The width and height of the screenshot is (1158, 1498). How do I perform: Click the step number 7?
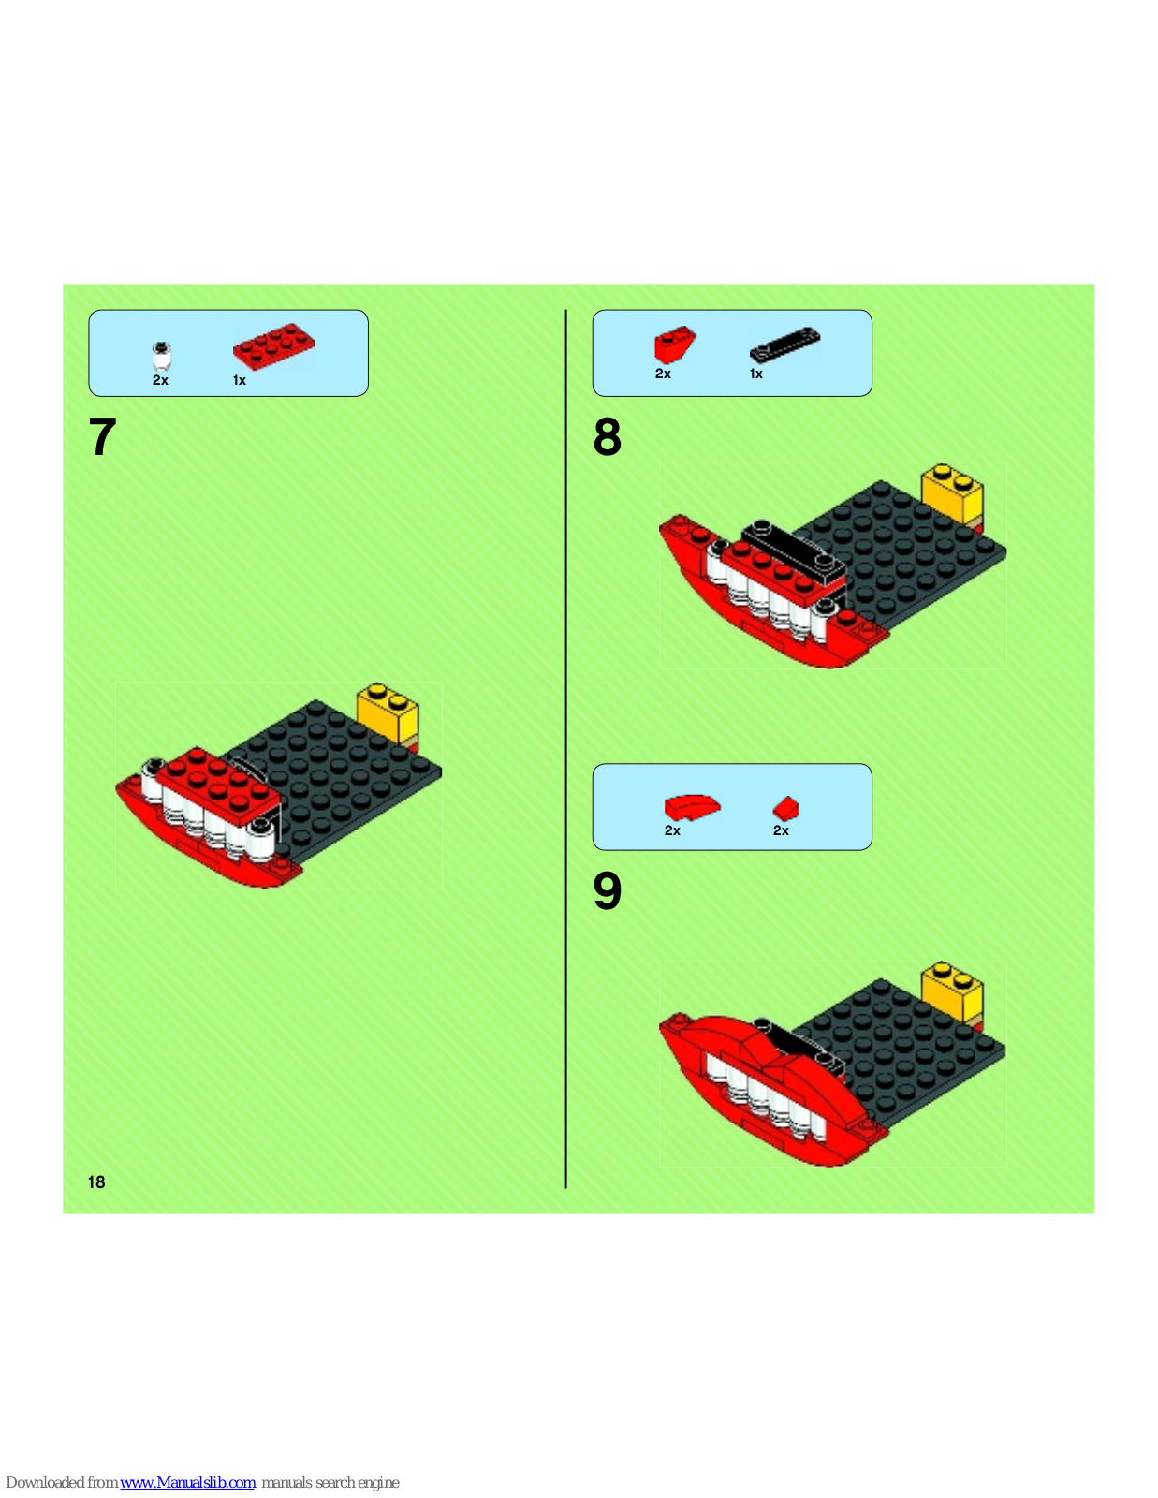[x=103, y=437]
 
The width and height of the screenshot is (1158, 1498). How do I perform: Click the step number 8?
[x=608, y=437]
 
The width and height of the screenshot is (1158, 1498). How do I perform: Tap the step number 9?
[x=608, y=890]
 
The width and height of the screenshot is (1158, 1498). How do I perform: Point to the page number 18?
[x=96, y=1182]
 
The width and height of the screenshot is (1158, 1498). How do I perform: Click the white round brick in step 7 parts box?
[x=161, y=356]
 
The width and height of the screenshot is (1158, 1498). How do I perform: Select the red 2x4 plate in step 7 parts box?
[x=273, y=346]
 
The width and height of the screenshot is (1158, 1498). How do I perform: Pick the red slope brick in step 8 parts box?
[x=675, y=344]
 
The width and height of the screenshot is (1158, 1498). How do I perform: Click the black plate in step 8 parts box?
[x=785, y=344]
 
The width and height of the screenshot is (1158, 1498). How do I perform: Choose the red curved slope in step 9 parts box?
[x=692, y=807]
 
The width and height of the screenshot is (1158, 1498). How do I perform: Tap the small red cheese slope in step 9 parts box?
[x=785, y=808]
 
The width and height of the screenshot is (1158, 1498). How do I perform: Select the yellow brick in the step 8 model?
[x=953, y=494]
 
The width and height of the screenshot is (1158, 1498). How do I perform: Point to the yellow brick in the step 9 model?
[x=953, y=992]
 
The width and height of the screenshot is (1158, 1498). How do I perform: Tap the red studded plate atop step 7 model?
[x=218, y=786]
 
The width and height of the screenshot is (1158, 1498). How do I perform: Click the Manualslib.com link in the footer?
[x=187, y=1482]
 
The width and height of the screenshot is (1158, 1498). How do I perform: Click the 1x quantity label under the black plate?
[x=756, y=374]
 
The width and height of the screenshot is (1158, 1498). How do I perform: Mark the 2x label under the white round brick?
[x=160, y=380]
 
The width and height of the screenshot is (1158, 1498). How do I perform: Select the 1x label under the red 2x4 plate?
[x=239, y=380]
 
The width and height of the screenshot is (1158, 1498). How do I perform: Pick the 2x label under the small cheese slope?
[x=781, y=830]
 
